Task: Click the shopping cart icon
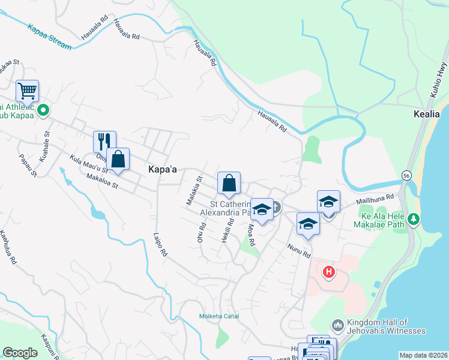point(28,91)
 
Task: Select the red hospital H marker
point(329,272)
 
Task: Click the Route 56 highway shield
point(407,174)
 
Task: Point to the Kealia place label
point(427,113)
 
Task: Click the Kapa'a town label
point(162,170)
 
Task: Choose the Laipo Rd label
point(160,245)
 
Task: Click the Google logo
point(20,353)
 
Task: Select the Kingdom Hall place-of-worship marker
point(337,324)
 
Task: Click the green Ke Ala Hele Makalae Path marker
point(413,220)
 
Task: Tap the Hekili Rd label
point(227,230)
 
